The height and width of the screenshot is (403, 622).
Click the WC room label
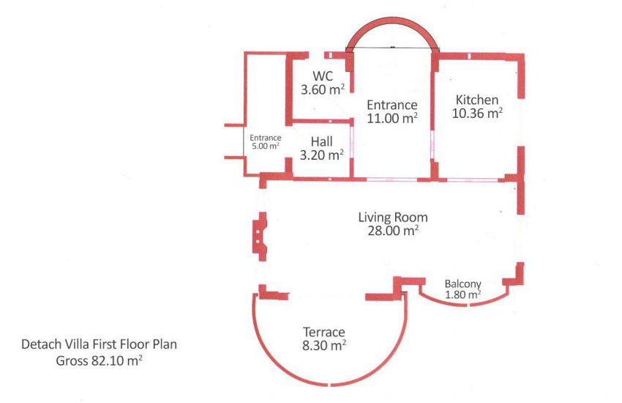(x=323, y=75)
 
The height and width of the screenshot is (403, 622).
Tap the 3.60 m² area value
(x=322, y=89)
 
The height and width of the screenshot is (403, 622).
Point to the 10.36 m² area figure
(x=477, y=113)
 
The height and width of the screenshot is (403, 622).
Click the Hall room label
(x=322, y=141)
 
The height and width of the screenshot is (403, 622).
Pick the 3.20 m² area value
(x=322, y=155)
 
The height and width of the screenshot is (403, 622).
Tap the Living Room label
(x=393, y=218)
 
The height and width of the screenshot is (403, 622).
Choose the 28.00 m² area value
(x=393, y=231)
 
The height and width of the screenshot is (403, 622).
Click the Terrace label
(x=324, y=332)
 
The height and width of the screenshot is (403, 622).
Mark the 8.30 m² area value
(x=324, y=345)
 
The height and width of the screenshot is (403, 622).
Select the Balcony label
(x=463, y=284)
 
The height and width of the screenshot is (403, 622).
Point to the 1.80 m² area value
(x=463, y=295)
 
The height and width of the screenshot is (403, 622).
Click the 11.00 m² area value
(x=392, y=118)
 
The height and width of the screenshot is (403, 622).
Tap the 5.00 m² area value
(x=266, y=146)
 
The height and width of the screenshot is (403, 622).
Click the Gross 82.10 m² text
(x=100, y=361)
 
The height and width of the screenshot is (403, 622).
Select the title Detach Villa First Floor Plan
(x=100, y=344)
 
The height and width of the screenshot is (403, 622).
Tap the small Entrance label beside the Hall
(x=266, y=138)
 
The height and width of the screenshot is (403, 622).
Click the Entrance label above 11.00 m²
(x=392, y=105)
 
